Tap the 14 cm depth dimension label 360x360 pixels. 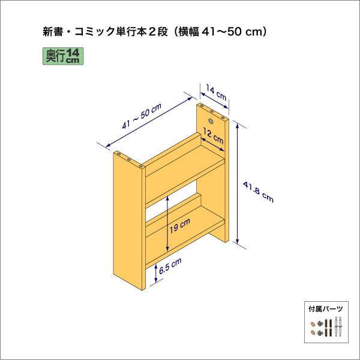pyautogui.click(x=217, y=93)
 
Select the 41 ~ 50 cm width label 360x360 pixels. pyautogui.click(x=141, y=117)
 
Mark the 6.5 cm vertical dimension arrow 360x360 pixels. pyautogui.click(x=157, y=273)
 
